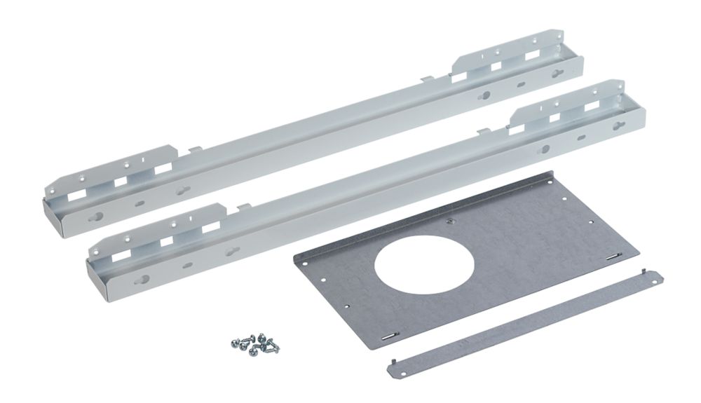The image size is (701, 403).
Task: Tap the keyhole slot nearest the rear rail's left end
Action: [97, 217]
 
